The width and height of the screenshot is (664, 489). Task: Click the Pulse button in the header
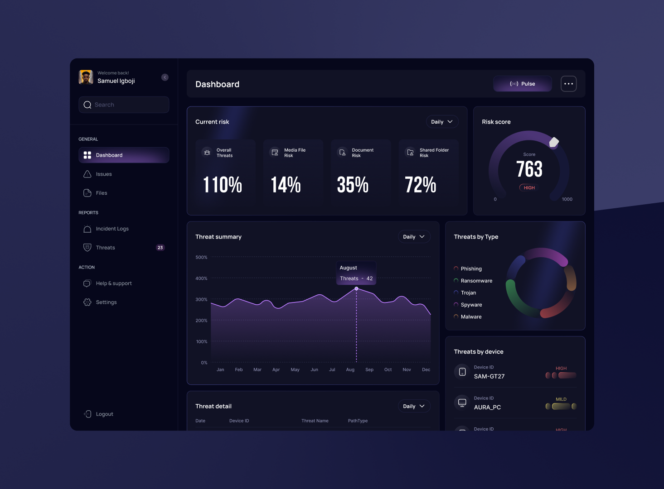[522, 84]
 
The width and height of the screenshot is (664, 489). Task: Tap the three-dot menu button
[568, 84]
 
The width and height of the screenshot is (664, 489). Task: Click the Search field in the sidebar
[124, 105]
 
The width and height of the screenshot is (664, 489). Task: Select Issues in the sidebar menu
[104, 174]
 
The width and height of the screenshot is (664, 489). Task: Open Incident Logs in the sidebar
[112, 229]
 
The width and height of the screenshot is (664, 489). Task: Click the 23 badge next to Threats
[160, 248]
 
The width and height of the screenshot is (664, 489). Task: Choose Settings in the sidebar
[106, 302]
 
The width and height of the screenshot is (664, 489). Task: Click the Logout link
[104, 414]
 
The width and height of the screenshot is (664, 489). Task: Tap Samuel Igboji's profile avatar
[86, 77]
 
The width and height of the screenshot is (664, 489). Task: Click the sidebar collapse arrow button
[165, 77]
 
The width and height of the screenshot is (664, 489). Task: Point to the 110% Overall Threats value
[223, 185]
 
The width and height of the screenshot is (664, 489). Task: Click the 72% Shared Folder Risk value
[420, 185]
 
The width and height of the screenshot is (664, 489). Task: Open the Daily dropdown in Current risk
[442, 122]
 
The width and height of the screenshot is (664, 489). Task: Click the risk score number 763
[529, 169]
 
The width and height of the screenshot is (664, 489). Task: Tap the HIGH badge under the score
[529, 188]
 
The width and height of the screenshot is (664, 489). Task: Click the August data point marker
[356, 288]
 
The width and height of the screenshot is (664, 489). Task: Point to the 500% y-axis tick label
[201, 257]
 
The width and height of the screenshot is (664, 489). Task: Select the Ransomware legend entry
[476, 281]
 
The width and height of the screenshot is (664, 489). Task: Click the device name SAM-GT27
[489, 376]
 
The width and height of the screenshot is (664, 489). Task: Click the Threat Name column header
[315, 421]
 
